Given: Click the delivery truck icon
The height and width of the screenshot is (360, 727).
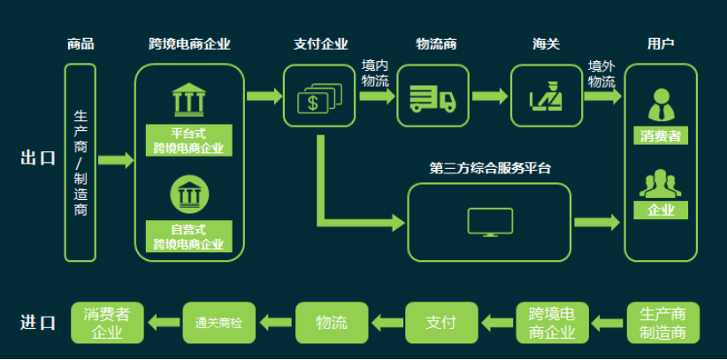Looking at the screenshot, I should [x=432, y=96].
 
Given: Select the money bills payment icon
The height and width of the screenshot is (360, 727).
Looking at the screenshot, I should [x=318, y=96].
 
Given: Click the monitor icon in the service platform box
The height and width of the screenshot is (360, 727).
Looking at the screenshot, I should [x=490, y=222].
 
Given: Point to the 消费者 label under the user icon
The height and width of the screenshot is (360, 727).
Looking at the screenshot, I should [x=661, y=136].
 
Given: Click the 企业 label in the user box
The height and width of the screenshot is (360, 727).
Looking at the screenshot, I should [x=661, y=211].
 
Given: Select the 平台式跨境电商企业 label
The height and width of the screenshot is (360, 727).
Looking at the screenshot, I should [x=188, y=141].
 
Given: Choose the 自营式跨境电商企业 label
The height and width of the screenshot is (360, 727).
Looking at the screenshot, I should [x=188, y=237].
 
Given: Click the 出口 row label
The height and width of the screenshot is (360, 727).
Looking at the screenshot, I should [x=38, y=158].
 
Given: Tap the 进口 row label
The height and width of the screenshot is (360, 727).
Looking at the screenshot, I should [x=38, y=323].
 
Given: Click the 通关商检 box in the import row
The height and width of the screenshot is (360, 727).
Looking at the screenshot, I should [x=218, y=323].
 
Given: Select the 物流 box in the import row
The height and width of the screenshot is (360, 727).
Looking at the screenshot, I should [x=331, y=323].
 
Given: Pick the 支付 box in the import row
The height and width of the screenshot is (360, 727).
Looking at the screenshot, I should [x=440, y=323].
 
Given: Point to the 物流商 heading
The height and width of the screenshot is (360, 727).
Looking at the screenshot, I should [x=436, y=44].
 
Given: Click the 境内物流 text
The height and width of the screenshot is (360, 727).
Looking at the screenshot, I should [x=375, y=74].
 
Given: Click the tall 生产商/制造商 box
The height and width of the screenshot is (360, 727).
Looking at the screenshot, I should [x=80, y=162].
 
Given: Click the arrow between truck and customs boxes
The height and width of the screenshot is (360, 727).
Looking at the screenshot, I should [x=489, y=96].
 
